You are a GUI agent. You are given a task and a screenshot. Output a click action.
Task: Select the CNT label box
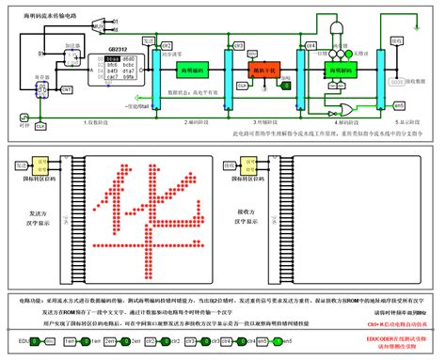(x=66, y=89)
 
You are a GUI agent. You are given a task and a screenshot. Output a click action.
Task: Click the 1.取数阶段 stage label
(x=97, y=122)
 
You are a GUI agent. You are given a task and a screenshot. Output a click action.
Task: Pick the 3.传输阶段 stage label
(x=263, y=122)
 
